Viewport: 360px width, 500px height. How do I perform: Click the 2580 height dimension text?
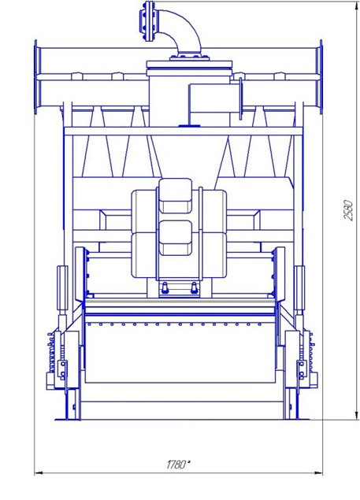348,210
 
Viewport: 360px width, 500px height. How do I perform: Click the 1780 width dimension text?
176,465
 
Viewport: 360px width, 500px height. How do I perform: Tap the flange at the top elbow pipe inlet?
147,21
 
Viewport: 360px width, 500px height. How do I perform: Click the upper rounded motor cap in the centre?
176,195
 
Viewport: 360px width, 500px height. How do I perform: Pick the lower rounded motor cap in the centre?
176,238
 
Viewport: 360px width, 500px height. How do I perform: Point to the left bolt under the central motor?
165,287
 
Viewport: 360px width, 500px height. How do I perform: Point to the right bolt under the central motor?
194,287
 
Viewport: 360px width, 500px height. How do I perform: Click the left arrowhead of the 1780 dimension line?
39,473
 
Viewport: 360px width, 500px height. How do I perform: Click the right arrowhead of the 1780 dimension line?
318,473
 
